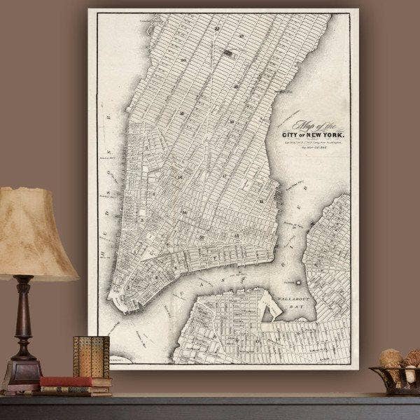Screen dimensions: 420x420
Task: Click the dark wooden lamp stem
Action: point(24,315)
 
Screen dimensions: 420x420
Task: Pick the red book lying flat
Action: point(73,382)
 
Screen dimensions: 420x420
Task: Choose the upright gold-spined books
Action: point(91,357)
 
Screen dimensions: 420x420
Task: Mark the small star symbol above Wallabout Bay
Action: point(299,281)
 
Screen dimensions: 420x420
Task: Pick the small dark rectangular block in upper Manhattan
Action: point(228,52)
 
